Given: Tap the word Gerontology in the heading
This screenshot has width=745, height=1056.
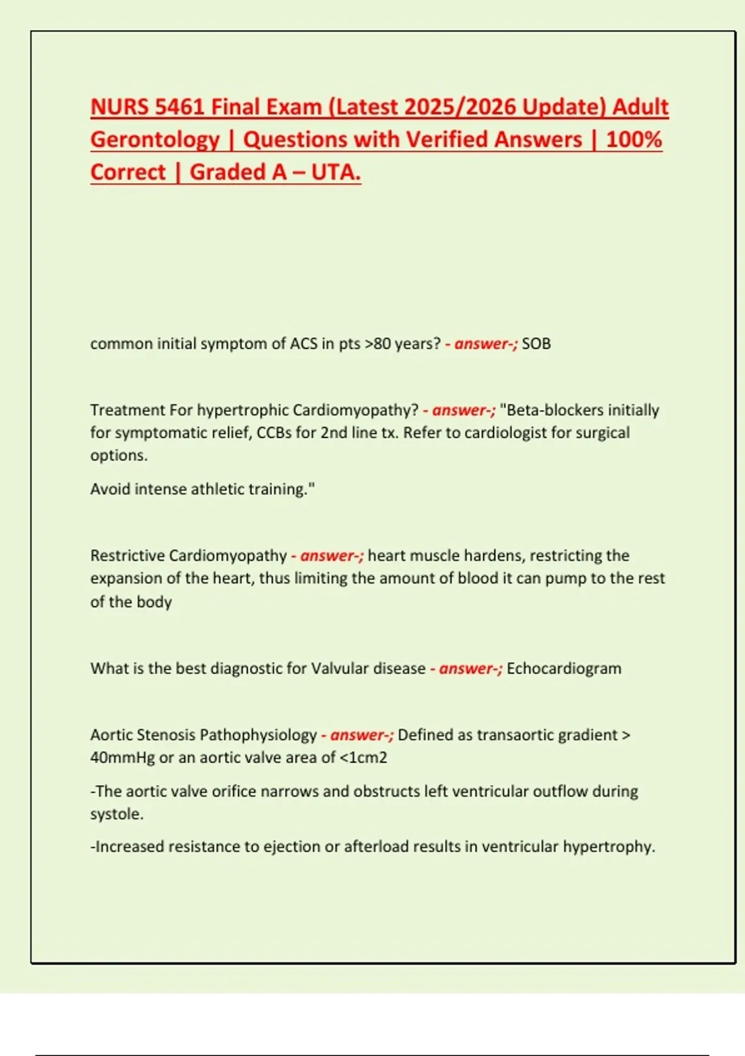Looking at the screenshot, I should [x=155, y=140].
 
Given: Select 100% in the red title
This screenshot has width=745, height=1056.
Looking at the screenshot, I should [x=634, y=140].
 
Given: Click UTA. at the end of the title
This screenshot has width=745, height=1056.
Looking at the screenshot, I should [x=335, y=172].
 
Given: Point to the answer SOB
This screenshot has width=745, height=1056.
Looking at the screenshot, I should [x=536, y=344].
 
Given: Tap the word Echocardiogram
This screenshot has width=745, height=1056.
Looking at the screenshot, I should [x=564, y=669].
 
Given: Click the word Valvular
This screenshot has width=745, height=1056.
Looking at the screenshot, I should [x=340, y=669].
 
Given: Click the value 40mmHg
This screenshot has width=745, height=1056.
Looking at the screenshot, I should [x=122, y=758].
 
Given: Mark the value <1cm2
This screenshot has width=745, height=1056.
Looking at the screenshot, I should [x=364, y=758].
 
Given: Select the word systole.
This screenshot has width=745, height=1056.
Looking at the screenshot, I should [x=115, y=814].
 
